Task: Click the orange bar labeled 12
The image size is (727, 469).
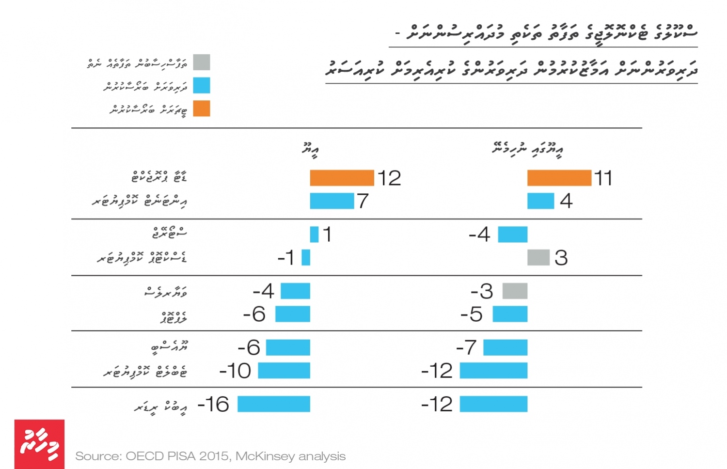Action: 342,178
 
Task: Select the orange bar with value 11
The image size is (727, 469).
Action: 559,178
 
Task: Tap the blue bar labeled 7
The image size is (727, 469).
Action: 332,201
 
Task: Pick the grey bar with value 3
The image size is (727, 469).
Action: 538,257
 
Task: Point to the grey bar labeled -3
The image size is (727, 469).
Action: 515,291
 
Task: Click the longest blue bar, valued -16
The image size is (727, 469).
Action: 273,404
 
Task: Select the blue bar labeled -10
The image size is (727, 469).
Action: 284,371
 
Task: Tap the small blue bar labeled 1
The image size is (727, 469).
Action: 314,234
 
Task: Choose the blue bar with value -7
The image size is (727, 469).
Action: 505,347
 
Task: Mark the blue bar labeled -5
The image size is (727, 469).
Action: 510,314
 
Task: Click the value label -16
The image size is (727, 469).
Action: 213,404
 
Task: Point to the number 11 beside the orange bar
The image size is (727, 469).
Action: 603,178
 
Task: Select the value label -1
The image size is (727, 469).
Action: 286,258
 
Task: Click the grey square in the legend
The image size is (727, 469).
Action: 202,63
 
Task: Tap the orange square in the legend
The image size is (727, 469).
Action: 202,109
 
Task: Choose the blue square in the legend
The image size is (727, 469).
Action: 202,86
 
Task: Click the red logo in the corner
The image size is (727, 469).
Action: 39,444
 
